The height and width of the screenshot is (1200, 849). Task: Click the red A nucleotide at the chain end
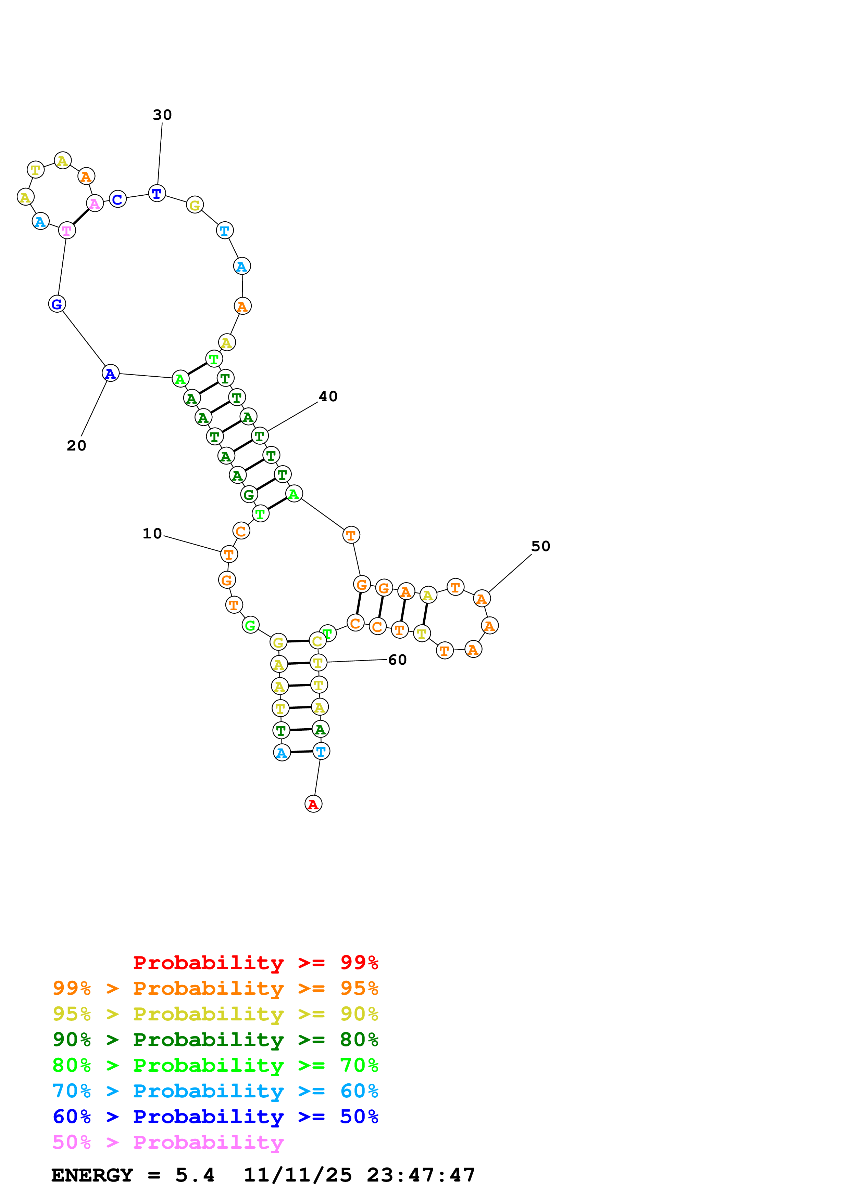[x=313, y=804]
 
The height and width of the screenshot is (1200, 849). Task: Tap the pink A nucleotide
[x=95, y=203]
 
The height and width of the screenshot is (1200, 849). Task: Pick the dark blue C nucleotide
[x=118, y=199]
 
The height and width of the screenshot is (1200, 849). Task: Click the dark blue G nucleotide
[x=57, y=304]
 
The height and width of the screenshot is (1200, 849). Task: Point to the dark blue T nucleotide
[x=157, y=193]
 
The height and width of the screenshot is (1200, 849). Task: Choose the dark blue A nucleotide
[x=110, y=373]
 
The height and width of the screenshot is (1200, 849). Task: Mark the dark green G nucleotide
[x=249, y=494]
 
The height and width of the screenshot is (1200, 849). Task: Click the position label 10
[x=152, y=534]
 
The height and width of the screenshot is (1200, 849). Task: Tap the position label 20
[x=76, y=446]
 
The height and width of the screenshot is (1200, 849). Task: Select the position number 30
[x=162, y=115]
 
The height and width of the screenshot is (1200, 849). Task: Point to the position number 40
[x=328, y=397]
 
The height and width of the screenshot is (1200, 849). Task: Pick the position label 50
[x=540, y=546]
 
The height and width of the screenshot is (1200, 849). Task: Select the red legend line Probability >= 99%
[x=255, y=962]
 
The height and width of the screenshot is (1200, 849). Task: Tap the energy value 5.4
[x=195, y=1175]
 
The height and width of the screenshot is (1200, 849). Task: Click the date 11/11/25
[x=298, y=1175]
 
